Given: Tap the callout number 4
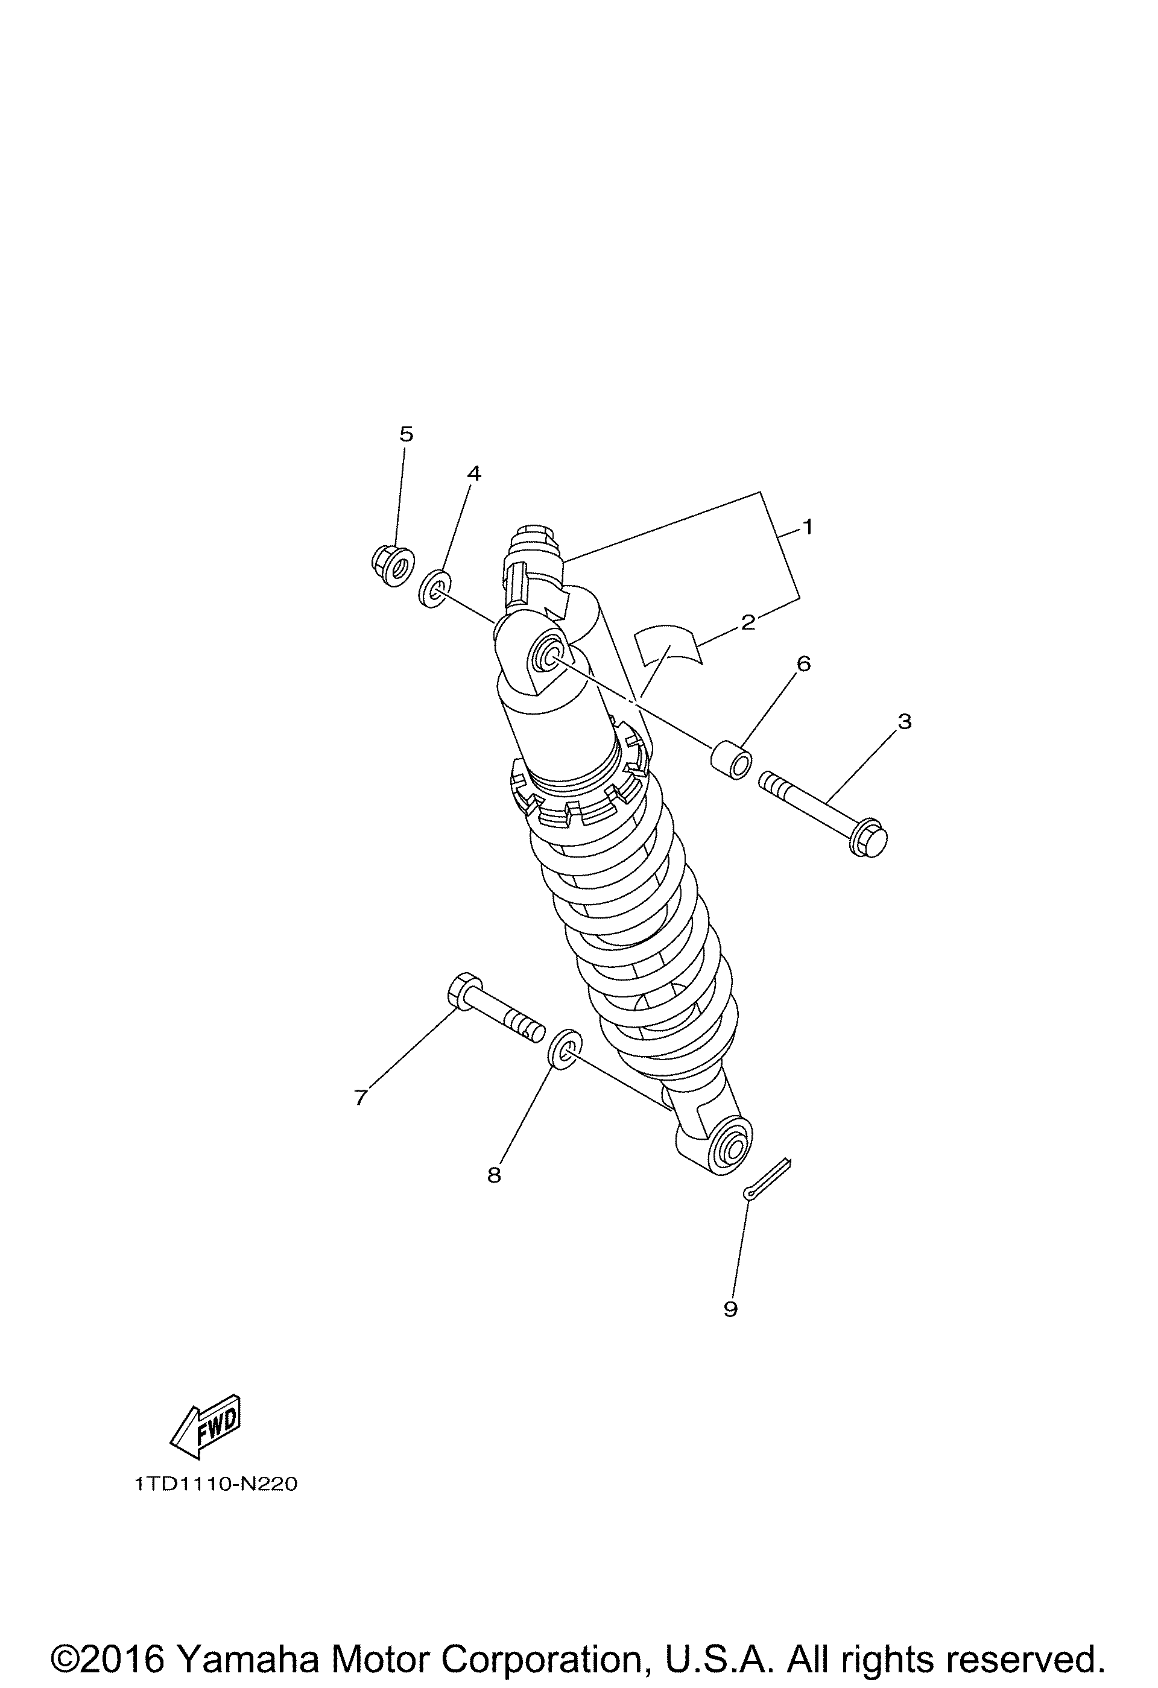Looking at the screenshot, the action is point(473,473).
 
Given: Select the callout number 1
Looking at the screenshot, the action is point(806,526).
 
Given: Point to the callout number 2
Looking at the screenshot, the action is point(748,622).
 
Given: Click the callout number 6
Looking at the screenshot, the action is point(803,663).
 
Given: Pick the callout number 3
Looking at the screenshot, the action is point(903,721).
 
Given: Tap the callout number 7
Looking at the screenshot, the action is point(360,1097).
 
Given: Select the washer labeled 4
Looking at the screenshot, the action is point(434,590).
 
